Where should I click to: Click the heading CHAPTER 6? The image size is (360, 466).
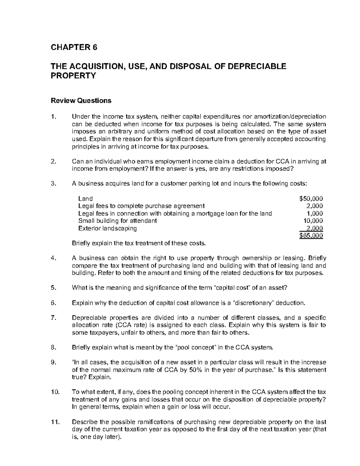click(74, 47)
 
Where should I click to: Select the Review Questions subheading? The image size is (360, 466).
click(81, 101)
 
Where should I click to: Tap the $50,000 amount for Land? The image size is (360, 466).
click(311, 198)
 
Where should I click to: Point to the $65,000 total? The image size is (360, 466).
click(311, 236)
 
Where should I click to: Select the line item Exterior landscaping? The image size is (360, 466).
click(107, 228)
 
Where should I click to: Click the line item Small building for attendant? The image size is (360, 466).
click(117, 221)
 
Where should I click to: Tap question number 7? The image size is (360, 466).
click(53, 318)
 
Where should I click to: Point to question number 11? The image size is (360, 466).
click(54, 422)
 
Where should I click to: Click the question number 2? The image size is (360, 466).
click(53, 161)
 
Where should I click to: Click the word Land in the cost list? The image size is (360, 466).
click(85, 198)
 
